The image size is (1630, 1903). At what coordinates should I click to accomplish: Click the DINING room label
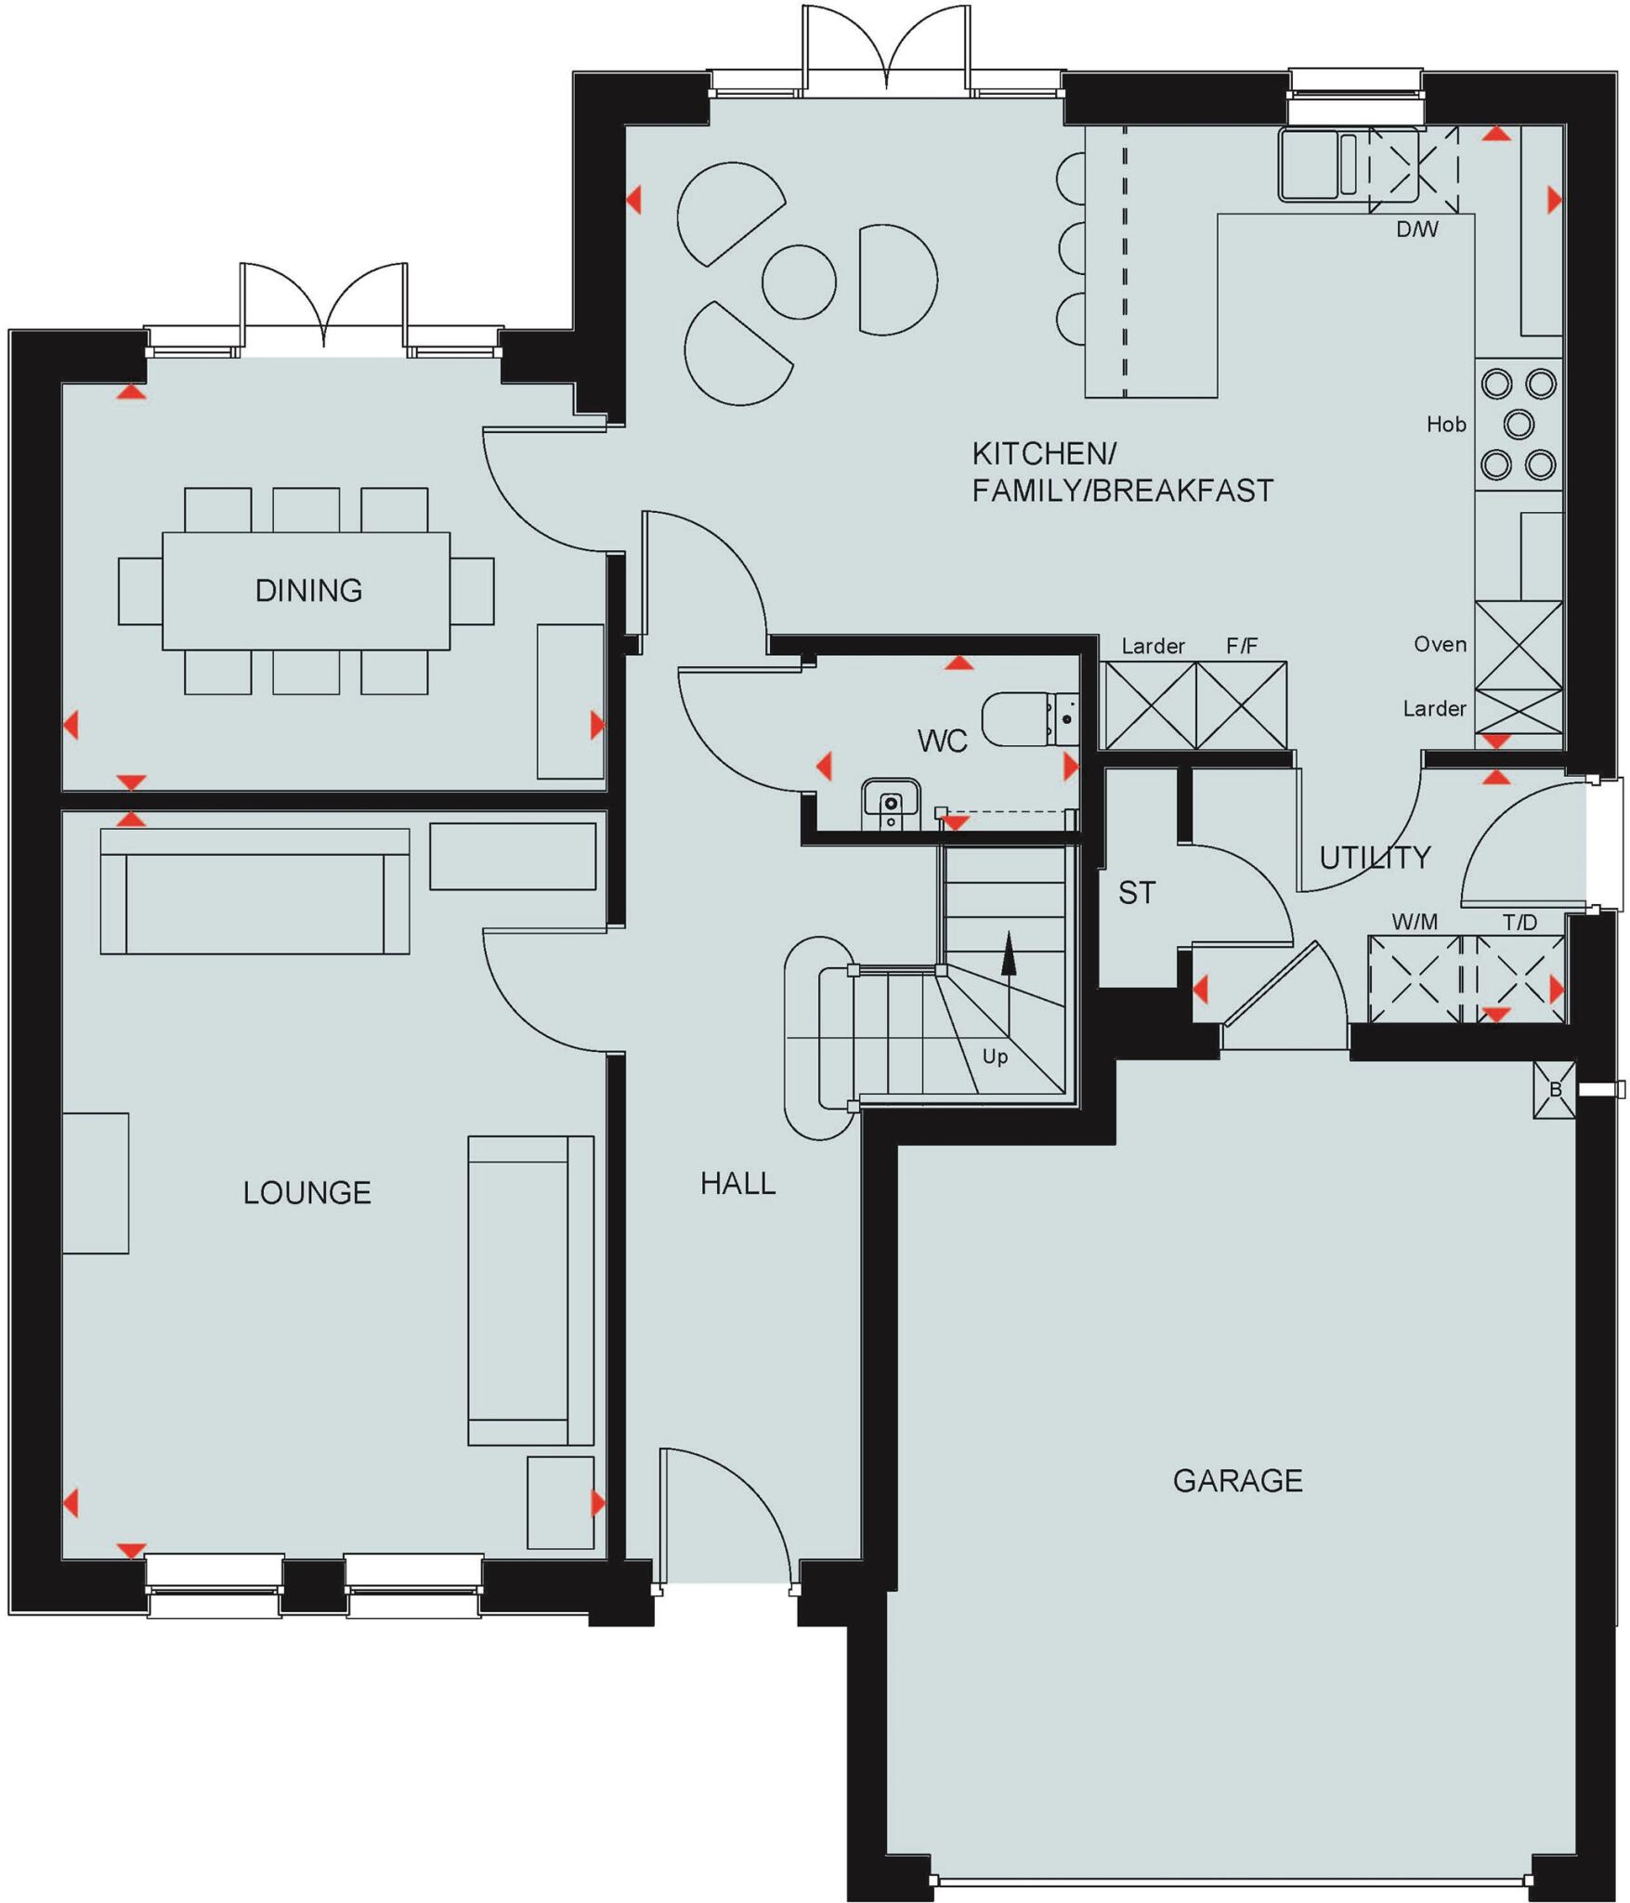[308, 590]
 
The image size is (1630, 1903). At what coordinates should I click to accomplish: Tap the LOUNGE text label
[306, 1192]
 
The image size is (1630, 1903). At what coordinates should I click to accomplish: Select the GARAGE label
[1237, 1480]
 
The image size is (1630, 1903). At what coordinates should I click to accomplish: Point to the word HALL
[737, 1183]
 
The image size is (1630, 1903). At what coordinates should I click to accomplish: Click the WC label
[942, 741]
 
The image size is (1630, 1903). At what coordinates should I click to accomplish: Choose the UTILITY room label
[1375, 857]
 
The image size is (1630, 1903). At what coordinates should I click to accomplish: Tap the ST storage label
[1137, 893]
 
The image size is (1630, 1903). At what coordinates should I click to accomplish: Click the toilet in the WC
[1022, 718]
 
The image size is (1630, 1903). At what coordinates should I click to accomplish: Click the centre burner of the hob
[1519, 425]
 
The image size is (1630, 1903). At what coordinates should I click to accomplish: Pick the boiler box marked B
[1555, 1090]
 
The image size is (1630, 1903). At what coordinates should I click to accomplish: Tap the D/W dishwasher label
[1417, 230]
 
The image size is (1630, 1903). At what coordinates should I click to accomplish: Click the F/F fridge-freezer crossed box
[1242, 705]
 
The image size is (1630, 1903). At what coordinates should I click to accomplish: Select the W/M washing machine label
[1415, 922]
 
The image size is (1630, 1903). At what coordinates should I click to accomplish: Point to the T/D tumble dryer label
[1519, 922]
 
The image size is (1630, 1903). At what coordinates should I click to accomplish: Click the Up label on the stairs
[995, 1056]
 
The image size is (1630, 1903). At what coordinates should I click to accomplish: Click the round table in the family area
[799, 282]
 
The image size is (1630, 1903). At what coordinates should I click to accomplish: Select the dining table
[306, 590]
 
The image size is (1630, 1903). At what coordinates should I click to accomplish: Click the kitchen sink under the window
[1311, 164]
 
